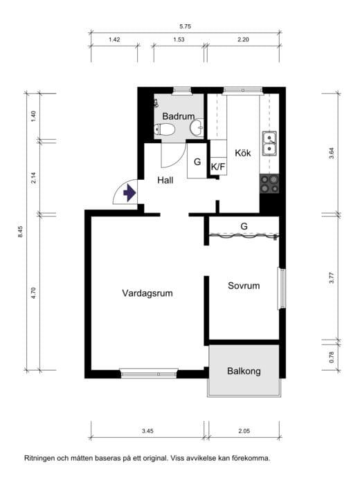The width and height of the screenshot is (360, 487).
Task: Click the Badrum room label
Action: pyautogui.click(x=179, y=116)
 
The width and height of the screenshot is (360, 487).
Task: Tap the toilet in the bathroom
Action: pyautogui.click(x=165, y=129)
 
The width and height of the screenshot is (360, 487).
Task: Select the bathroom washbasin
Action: pyautogui.click(x=197, y=127)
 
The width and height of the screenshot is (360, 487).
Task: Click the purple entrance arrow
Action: pyautogui.click(x=129, y=193)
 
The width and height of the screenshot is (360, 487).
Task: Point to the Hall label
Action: pyautogui.click(x=165, y=180)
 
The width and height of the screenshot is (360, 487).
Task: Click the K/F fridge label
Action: pyautogui.click(x=218, y=167)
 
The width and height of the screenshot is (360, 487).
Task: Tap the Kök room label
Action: pyautogui.click(x=243, y=152)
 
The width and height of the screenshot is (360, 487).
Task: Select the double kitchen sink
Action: pyautogui.click(x=269, y=143)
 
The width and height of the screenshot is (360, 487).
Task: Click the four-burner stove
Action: pyautogui.click(x=269, y=183)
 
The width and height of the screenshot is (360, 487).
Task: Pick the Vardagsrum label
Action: pyautogui.click(x=147, y=293)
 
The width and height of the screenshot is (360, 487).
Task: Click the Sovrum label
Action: pyautogui.click(x=244, y=286)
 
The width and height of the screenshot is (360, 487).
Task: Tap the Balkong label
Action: pyautogui.click(x=244, y=371)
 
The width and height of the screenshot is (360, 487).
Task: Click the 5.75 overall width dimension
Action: pyautogui.click(x=185, y=26)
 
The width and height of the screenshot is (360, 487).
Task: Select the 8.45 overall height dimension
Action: pyautogui.click(x=21, y=232)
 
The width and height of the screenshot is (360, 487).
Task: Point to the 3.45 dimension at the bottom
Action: pyautogui.click(x=147, y=431)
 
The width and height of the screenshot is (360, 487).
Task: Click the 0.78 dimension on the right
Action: pyautogui.click(x=332, y=357)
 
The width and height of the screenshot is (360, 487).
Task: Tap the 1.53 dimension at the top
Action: pyautogui.click(x=179, y=39)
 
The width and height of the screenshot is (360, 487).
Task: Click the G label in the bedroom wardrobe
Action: pyautogui.click(x=244, y=226)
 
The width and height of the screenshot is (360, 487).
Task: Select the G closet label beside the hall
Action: pyautogui.click(x=197, y=161)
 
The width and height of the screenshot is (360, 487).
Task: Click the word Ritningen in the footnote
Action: pyautogui.click(x=40, y=458)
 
